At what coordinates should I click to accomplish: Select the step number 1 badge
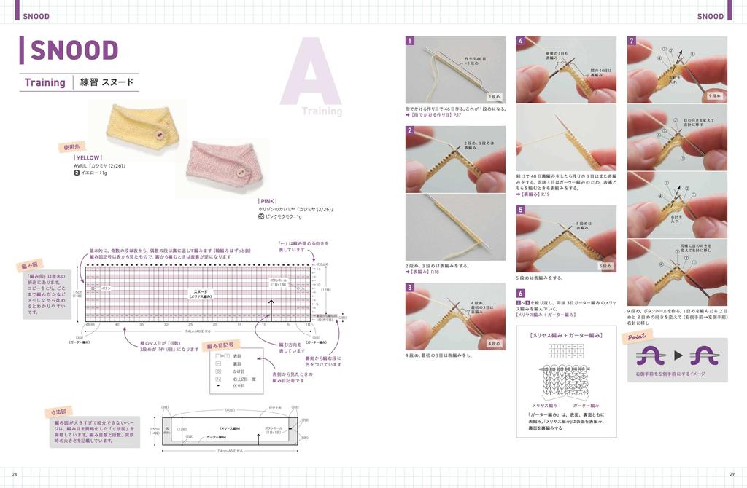410,42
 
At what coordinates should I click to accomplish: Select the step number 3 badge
410,288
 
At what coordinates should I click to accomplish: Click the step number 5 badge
521,210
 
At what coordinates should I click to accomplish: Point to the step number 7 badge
632,42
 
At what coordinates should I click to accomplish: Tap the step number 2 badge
410,131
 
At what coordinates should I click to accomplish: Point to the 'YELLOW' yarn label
88,157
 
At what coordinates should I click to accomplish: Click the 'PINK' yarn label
268,200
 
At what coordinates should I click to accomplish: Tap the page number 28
15,474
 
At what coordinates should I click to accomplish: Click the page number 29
732,474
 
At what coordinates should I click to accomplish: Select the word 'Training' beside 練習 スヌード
45,82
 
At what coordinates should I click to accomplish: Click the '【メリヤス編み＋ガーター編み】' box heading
565,335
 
